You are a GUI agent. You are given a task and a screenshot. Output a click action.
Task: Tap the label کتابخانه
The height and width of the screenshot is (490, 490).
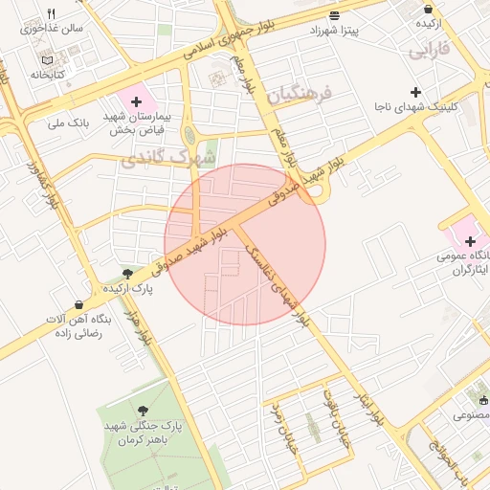click(x=47, y=74)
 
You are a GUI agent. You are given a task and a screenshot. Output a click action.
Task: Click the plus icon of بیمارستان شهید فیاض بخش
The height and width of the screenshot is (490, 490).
click(x=136, y=101)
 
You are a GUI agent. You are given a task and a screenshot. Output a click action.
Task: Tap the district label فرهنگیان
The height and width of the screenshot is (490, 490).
click(x=299, y=95)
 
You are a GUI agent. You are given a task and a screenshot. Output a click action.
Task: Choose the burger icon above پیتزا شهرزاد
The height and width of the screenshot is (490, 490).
click(x=333, y=15)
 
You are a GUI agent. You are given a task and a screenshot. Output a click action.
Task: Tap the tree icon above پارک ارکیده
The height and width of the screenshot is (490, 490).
click(x=128, y=274)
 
